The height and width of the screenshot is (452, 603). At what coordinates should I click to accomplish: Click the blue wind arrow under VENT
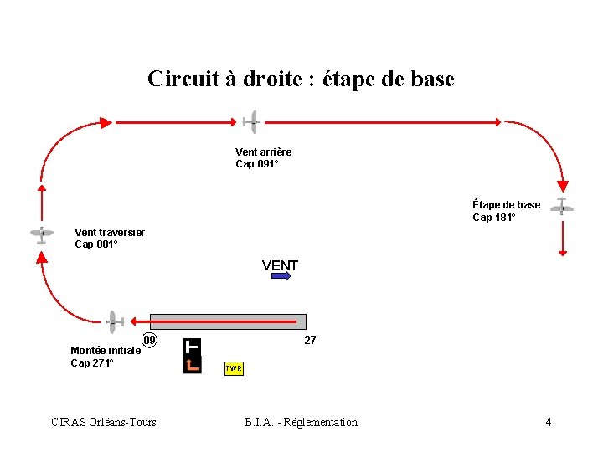click(x=281, y=276)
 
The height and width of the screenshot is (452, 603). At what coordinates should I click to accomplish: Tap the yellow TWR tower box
click(x=234, y=368)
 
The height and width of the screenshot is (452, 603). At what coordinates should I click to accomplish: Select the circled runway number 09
click(x=150, y=340)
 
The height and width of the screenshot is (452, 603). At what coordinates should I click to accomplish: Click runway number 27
click(x=310, y=341)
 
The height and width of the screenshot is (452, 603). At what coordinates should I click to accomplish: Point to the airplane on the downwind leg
click(x=250, y=122)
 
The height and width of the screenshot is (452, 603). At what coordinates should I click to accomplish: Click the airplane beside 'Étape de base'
click(x=562, y=206)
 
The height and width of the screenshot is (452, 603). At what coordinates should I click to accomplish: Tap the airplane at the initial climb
click(x=113, y=321)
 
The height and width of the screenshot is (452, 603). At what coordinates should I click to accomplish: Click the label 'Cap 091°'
click(x=256, y=164)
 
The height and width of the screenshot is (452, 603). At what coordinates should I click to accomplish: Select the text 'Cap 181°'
click(x=494, y=218)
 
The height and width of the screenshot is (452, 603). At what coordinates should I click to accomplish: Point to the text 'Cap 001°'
click(x=96, y=244)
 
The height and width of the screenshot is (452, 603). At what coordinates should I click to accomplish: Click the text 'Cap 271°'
click(x=92, y=363)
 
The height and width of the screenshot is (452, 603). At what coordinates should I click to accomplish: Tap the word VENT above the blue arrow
click(x=280, y=265)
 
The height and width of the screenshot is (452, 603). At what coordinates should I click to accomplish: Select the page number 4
click(x=549, y=422)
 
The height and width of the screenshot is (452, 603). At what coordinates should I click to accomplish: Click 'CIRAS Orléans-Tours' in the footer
click(x=104, y=422)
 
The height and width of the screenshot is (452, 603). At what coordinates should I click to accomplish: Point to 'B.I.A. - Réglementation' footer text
click(x=301, y=422)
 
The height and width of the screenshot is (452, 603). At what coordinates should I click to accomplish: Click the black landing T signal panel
click(x=193, y=356)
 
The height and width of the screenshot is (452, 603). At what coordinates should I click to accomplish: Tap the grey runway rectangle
click(x=228, y=321)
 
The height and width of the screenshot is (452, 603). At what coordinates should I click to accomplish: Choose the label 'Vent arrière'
click(x=264, y=152)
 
